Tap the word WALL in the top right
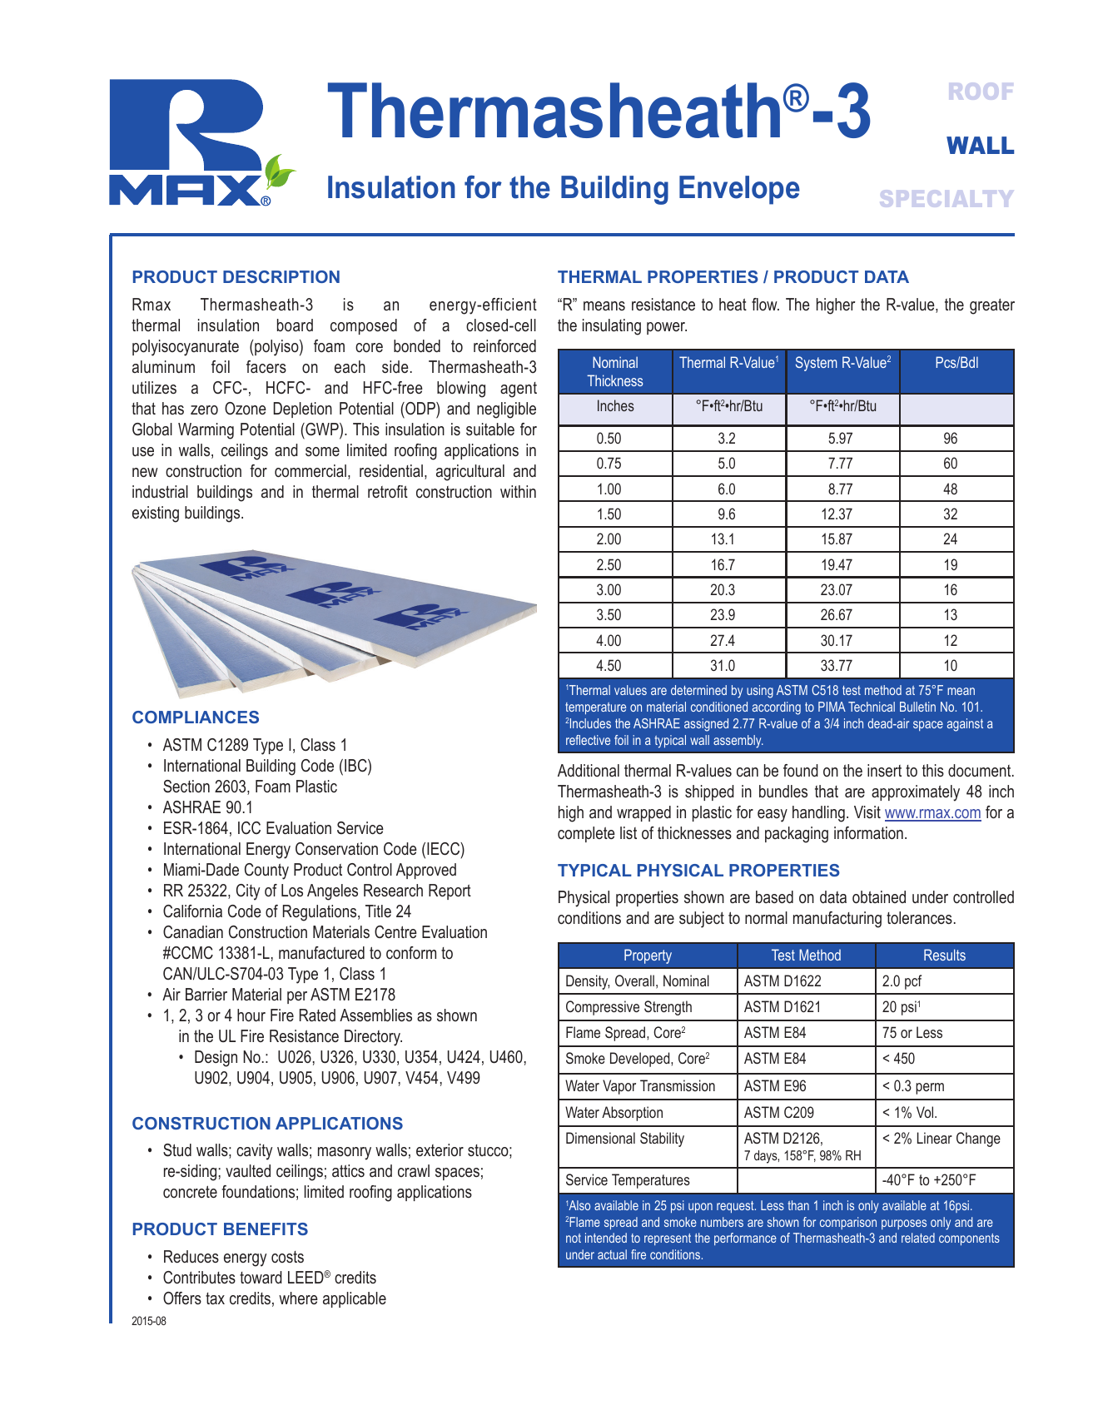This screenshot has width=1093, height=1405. pos(980,146)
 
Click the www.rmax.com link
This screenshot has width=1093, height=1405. pos(932,813)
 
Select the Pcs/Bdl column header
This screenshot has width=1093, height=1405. pos(956,363)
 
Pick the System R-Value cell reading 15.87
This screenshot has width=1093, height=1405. pos(841,539)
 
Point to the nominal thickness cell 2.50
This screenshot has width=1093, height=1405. pos(609,565)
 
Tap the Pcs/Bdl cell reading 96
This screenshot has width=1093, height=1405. pos(950,439)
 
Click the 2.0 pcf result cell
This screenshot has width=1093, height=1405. pos(902,981)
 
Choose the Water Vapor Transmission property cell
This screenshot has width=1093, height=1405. pos(640,1086)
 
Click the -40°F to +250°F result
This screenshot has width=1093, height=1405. pos(929,1180)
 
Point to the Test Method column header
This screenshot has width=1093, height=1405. pos(806,956)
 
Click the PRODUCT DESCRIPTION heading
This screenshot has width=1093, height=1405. pos(236,277)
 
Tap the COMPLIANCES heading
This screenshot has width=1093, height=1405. pos(196,717)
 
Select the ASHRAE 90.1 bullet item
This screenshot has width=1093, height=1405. pos(207,807)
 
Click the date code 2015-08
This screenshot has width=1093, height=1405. pos(149,1321)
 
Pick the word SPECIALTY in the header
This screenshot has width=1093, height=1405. pos(946,199)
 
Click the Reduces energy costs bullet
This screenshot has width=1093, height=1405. pos(233,1257)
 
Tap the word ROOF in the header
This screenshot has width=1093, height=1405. pos(981,92)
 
